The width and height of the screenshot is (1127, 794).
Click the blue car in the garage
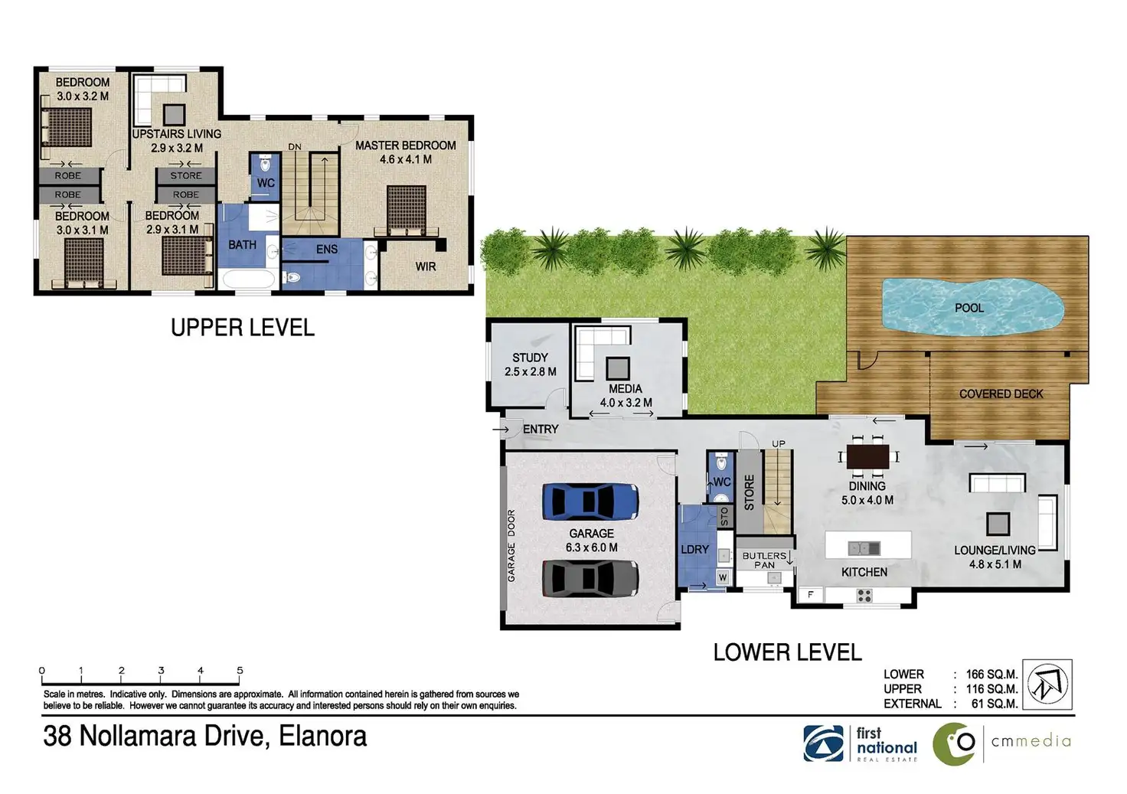coord(590,502)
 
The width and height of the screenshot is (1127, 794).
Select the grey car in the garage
coord(590,578)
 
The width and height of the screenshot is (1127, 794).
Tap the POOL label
coord(969,308)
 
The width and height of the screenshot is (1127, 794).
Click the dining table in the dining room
coord(868,457)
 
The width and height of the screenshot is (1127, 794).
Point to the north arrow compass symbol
coord(1047,685)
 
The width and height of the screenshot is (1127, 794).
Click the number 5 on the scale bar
coord(240,670)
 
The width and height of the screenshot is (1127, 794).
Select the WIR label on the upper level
coord(426,266)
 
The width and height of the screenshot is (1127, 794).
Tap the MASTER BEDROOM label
coord(406,145)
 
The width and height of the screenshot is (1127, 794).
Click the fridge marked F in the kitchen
coord(811,595)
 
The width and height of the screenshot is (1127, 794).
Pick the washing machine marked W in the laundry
coord(723,577)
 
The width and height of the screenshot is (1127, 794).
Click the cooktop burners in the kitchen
coord(864,596)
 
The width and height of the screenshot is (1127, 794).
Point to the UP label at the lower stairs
coord(779,444)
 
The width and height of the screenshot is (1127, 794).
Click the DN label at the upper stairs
coord(295,147)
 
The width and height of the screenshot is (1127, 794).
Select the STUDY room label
coord(530,358)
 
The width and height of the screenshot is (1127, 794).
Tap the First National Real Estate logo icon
coord(823,743)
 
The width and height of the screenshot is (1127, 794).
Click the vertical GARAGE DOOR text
coord(511,546)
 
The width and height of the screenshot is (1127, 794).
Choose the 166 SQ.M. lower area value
coord(991,675)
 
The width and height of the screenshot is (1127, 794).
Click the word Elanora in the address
coord(322,736)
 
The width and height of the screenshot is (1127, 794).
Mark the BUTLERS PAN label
coord(764,560)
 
